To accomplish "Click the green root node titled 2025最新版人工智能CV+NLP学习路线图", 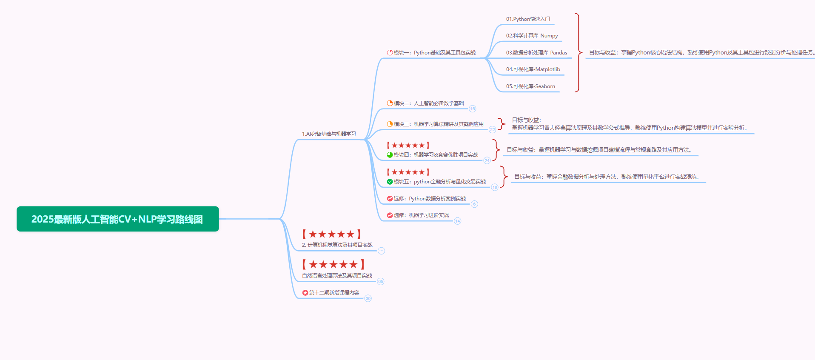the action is pyautogui.click(x=117, y=219).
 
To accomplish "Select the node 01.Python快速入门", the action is pyautogui.click(x=528, y=19).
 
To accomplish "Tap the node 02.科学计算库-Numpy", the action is pyautogui.click(x=532, y=36).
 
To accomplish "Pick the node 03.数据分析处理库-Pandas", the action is pyautogui.click(x=536, y=53).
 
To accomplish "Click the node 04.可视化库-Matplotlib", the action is pyautogui.click(x=533, y=69).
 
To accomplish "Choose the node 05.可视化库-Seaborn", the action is pyautogui.click(x=530, y=86).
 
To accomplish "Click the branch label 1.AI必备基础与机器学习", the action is pyautogui.click(x=329, y=134).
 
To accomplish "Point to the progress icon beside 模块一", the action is pyautogui.click(x=390, y=53).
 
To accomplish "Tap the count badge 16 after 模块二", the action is pyautogui.click(x=472, y=109).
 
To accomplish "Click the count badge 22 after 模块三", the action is pyautogui.click(x=492, y=129).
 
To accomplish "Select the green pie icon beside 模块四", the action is pyautogui.click(x=390, y=155).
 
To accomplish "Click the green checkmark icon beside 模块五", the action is pyautogui.click(x=390, y=182).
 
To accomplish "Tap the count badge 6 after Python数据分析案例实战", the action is pyautogui.click(x=474, y=204).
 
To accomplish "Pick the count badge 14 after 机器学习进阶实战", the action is pyautogui.click(x=457, y=221).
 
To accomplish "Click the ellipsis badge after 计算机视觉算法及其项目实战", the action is pyautogui.click(x=381, y=251).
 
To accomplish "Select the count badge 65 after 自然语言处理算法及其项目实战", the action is pyautogui.click(x=380, y=281).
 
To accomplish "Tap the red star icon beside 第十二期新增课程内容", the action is pyautogui.click(x=305, y=293).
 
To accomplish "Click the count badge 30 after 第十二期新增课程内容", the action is pyautogui.click(x=368, y=298).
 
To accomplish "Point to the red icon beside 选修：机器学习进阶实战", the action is pyautogui.click(x=390, y=215).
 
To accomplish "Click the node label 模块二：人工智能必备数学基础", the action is pyautogui.click(x=428, y=103).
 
